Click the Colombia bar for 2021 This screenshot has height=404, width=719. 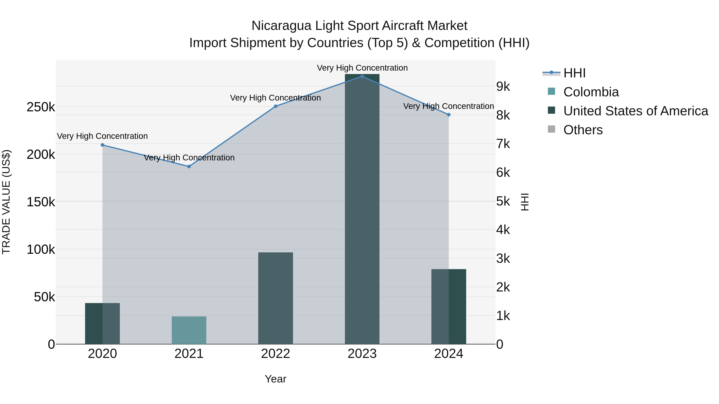pyautogui.click(x=189, y=330)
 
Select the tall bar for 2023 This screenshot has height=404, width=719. pyautogui.click(x=362, y=209)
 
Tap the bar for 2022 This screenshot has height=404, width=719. pyautogui.click(x=275, y=298)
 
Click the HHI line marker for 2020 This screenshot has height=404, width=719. pyautogui.click(x=102, y=145)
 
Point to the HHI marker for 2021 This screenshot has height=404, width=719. pyautogui.click(x=189, y=166)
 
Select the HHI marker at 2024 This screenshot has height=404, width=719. pyautogui.click(x=449, y=115)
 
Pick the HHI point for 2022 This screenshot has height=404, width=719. pyautogui.click(x=275, y=106)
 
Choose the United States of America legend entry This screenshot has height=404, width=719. pyautogui.click(x=635, y=111)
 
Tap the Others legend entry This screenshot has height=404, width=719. pyautogui.click(x=583, y=130)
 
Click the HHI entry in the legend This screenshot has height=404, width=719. pyautogui.click(x=574, y=73)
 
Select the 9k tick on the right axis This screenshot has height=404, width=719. pyautogui.click(x=503, y=87)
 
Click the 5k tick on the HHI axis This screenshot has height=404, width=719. pyautogui.click(x=503, y=201)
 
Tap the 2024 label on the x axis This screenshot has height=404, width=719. pyautogui.click(x=449, y=354)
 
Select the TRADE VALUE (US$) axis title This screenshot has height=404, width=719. pyautogui.click(x=6, y=202)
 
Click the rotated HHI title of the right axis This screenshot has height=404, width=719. pyautogui.click(x=525, y=202)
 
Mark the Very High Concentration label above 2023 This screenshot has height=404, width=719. pyautogui.click(x=362, y=68)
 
